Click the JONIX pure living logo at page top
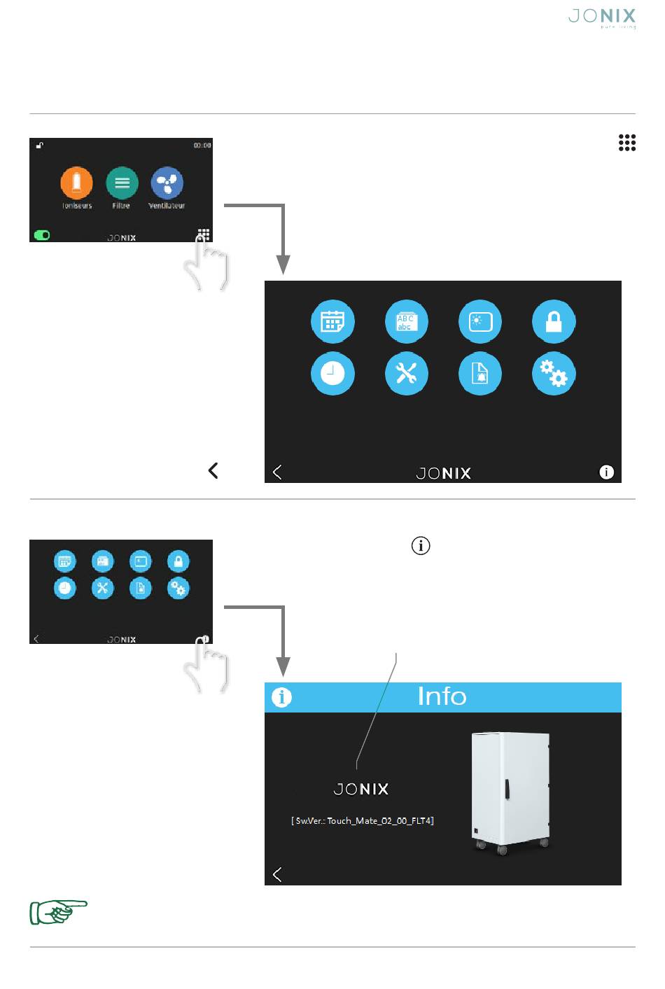click(x=601, y=17)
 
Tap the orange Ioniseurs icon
click(x=76, y=183)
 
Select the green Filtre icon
click(x=122, y=183)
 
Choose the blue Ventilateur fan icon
click(x=167, y=183)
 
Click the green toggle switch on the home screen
click(x=42, y=235)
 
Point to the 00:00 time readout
click(x=202, y=146)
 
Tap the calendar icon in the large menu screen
click(x=332, y=321)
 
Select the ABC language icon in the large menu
click(x=406, y=321)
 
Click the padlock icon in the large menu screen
click(x=554, y=321)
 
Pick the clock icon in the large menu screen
click(x=332, y=374)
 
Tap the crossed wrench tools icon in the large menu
click(x=406, y=374)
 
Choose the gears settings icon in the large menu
click(x=554, y=374)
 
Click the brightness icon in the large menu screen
click(x=480, y=321)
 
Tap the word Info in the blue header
click(x=442, y=696)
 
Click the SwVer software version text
click(x=363, y=821)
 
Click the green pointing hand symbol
click(x=57, y=912)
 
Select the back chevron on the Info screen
click(x=277, y=874)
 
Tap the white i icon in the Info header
click(x=281, y=697)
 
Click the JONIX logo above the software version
click(x=360, y=790)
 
